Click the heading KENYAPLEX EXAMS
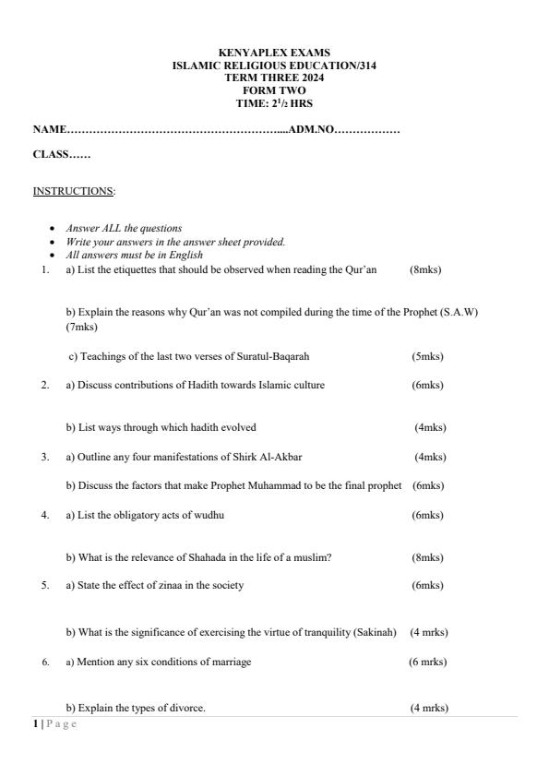coord(274,54)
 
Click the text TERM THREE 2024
coord(274,78)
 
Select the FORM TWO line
coord(274,90)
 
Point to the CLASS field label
coord(51,154)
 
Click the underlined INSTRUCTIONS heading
coord(74,191)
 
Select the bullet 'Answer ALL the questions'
coord(124,228)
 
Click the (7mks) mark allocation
coord(81,327)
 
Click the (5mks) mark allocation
coord(427,356)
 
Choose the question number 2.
coord(44,385)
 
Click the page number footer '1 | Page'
coord(55,724)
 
